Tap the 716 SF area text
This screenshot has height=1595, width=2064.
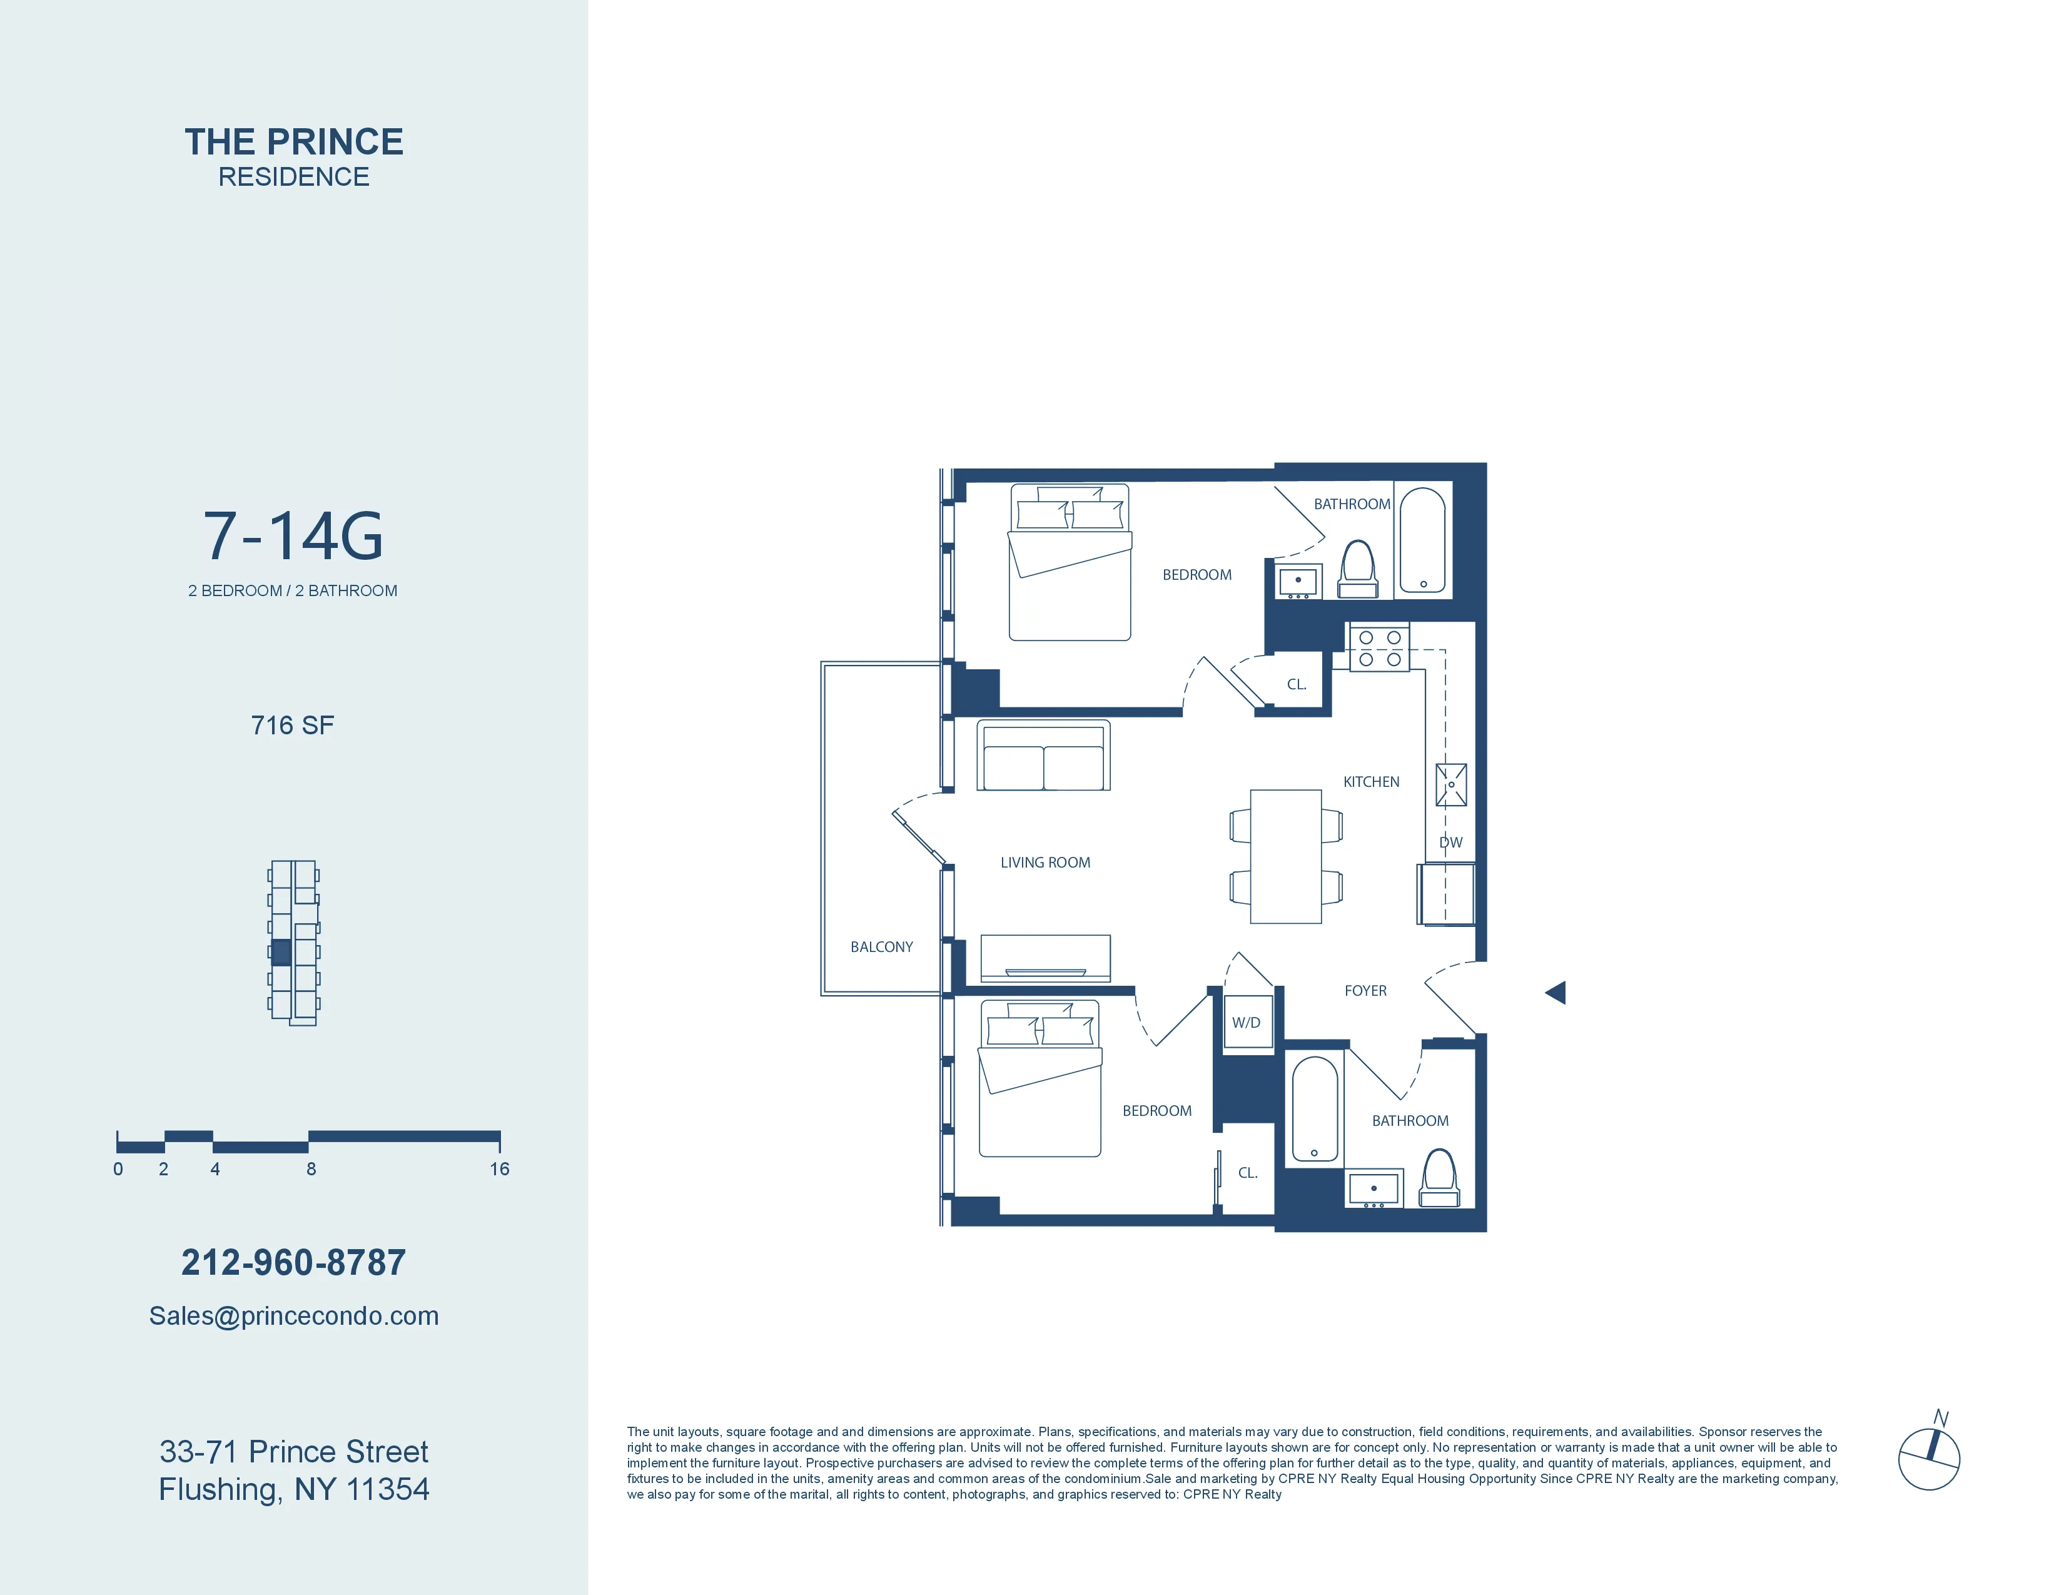(x=292, y=725)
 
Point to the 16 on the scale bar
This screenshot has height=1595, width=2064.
(x=499, y=1169)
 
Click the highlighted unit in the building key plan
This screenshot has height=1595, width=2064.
(x=281, y=951)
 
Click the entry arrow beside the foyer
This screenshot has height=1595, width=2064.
(x=1555, y=992)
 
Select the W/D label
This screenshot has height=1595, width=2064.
(x=1245, y=1023)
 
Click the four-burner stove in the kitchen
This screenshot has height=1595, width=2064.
(x=1379, y=648)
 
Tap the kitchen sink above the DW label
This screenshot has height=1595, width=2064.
(x=1450, y=784)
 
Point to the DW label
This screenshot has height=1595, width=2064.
(x=1450, y=842)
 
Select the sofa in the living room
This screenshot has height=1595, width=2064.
(x=1043, y=757)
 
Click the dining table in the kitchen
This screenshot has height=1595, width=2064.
(x=1285, y=856)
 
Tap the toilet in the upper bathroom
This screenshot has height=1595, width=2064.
(x=1358, y=569)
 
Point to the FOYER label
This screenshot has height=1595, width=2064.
(x=1365, y=990)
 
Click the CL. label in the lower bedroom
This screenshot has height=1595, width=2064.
(x=1248, y=1173)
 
